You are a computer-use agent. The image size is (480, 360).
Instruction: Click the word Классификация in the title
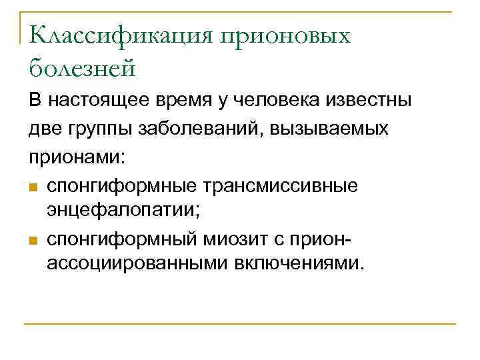tap(122, 36)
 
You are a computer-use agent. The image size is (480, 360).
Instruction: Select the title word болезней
tap(82, 67)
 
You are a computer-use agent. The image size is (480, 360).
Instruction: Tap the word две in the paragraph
tap(47, 129)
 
